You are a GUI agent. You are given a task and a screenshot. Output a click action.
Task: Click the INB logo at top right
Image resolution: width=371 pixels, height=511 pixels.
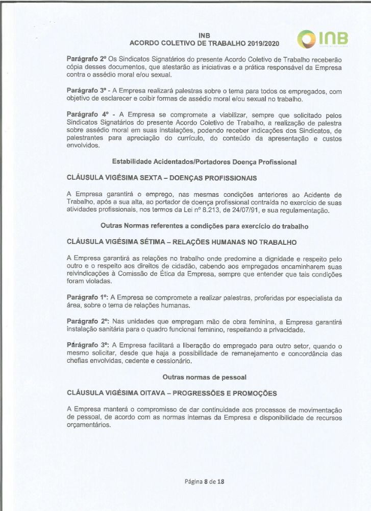[325, 38]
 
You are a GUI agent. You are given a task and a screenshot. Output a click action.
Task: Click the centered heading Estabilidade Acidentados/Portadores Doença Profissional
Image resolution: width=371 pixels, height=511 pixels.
[204, 162]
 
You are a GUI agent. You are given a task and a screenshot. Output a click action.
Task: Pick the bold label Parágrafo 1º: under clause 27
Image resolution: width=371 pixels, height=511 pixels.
[87, 297]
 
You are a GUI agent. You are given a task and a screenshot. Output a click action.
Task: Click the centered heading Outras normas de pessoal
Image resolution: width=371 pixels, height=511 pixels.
[204, 377]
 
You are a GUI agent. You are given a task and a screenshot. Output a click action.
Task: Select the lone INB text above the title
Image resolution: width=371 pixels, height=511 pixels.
[204, 35]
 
